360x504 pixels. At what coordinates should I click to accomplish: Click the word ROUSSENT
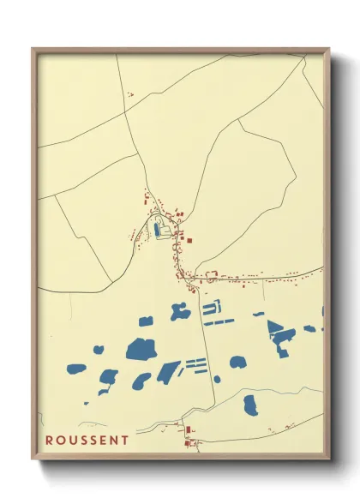coord(87,441)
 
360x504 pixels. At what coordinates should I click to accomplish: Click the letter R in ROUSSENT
coord(50,441)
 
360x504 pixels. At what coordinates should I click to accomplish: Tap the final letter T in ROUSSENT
coord(126,441)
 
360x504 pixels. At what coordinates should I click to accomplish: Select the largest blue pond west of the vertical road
coord(141,349)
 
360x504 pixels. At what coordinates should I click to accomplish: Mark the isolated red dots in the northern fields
coord(129,94)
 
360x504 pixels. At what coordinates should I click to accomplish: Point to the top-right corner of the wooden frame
coord(328,49)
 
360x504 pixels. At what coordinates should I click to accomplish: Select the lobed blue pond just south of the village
coord(180,312)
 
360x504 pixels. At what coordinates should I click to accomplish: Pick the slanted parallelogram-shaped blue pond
coord(168,372)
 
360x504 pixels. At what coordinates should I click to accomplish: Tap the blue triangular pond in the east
coord(274,329)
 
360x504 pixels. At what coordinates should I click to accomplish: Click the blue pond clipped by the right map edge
coord(323,311)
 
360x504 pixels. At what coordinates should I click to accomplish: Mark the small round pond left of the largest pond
coord(99,350)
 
